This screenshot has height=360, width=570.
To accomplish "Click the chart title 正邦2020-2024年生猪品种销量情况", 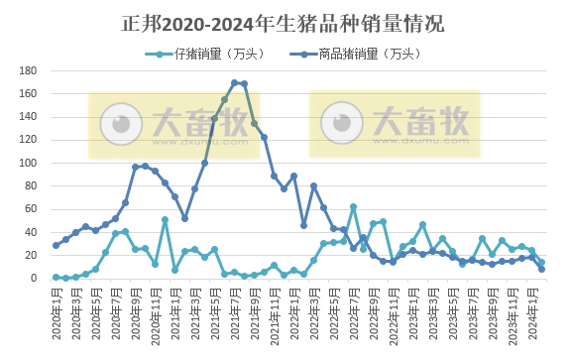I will point(285,23).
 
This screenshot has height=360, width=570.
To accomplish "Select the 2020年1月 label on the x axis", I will point(57,310).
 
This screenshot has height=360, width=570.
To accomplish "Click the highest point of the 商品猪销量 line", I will point(235,82).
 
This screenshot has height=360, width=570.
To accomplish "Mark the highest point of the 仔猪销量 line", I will point(353,207).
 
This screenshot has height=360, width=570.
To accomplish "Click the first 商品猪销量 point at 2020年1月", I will point(57,245).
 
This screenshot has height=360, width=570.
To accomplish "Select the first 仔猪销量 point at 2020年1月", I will point(57,277).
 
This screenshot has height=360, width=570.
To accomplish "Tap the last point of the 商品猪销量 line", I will point(541,269).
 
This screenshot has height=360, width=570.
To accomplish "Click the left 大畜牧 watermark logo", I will point(174,124).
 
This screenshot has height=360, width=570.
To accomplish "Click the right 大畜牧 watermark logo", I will point(394,124).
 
